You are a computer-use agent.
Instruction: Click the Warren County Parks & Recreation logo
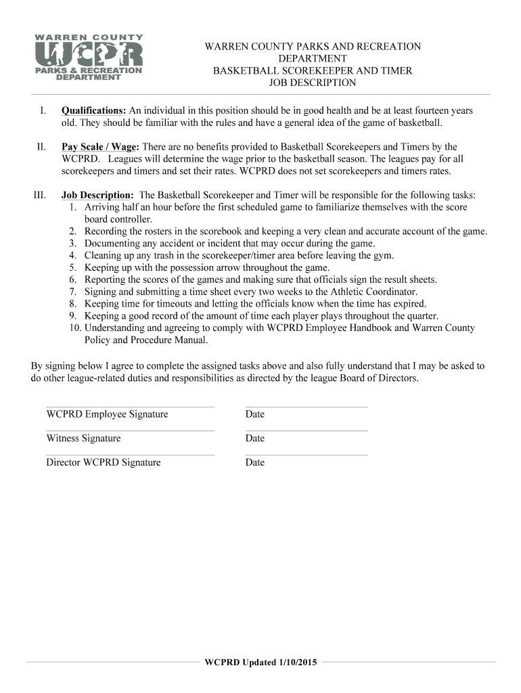[88, 58]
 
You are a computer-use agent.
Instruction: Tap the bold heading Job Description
[97, 195]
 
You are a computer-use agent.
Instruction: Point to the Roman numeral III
[39, 195]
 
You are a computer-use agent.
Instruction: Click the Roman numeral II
[41, 147]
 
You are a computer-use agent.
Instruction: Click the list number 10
[75, 328]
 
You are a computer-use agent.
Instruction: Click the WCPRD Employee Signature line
[130, 407]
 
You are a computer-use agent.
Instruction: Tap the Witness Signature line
[130, 431]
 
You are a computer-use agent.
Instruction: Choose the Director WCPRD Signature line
[130, 455]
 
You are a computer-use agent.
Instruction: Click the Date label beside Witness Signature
[255, 439]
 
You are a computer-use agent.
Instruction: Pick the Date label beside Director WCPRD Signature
[255, 463]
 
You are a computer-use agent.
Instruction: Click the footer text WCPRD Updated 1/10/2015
[260, 662]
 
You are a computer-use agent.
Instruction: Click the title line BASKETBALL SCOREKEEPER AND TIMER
[313, 70]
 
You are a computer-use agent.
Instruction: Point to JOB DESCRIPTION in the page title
[313, 83]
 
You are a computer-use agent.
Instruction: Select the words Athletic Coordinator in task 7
[375, 292]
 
